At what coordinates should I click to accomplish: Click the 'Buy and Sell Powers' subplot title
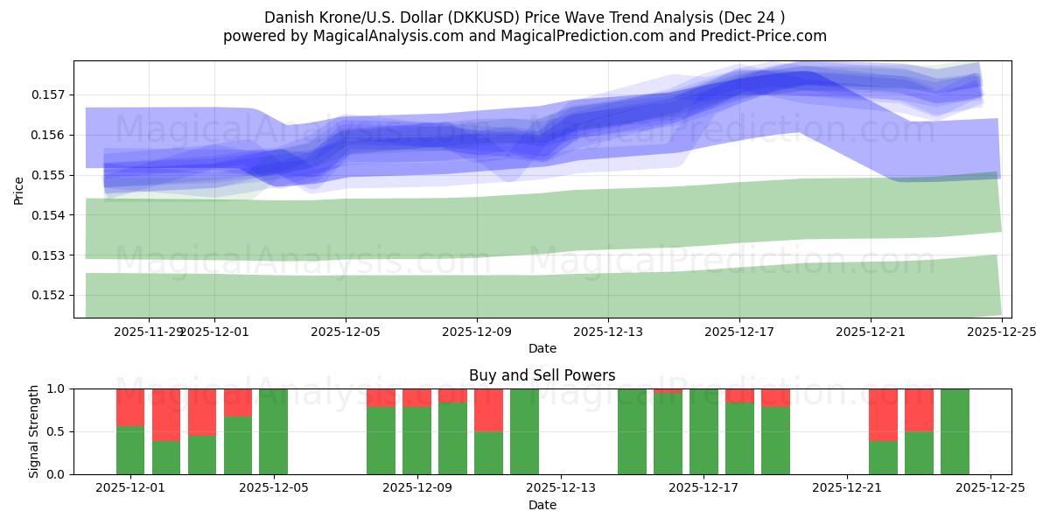[542, 375]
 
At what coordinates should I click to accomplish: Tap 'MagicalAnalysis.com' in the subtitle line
[388, 36]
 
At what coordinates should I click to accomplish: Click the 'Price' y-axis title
[19, 190]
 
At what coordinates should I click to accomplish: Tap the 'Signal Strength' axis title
[34, 431]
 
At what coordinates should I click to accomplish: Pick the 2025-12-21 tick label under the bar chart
[847, 488]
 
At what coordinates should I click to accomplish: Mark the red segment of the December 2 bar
[166, 414]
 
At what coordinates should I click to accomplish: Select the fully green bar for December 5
[273, 431]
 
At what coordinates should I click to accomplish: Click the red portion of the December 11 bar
[488, 409]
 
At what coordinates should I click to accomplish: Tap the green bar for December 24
[955, 431]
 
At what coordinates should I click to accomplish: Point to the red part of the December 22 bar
[883, 414]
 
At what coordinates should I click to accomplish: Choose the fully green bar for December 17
[703, 431]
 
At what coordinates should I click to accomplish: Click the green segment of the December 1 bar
[130, 450]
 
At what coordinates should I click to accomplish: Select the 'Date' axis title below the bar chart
[542, 505]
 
